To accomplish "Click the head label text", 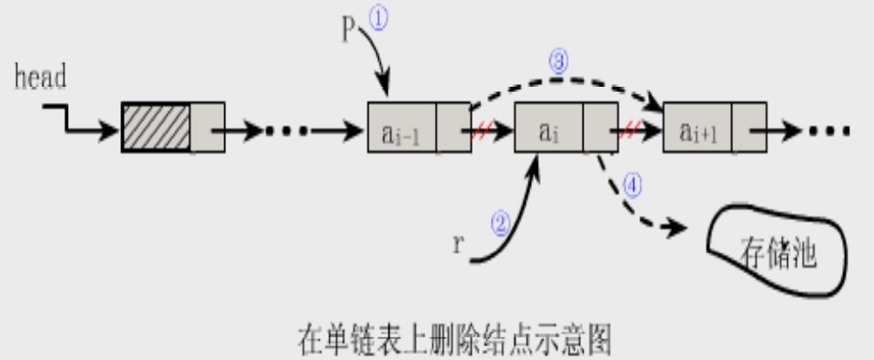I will point(40,77).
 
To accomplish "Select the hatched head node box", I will point(156,128).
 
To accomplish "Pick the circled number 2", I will point(500,224).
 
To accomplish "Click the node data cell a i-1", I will point(401,130).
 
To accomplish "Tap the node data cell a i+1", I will point(697,130).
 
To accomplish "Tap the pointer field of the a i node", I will point(600,130).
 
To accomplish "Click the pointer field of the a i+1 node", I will point(749,130).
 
